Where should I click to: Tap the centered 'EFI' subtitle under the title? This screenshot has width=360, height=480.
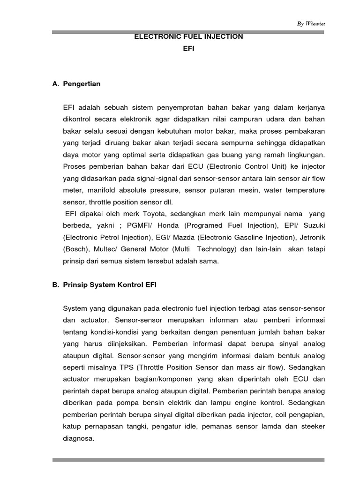point(188,48)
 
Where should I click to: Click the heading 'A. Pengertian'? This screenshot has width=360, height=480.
point(77,84)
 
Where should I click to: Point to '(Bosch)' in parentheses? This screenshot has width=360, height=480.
point(75,249)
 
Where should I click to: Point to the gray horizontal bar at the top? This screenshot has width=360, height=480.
point(188,31)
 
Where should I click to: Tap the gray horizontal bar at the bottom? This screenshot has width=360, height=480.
point(188,460)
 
